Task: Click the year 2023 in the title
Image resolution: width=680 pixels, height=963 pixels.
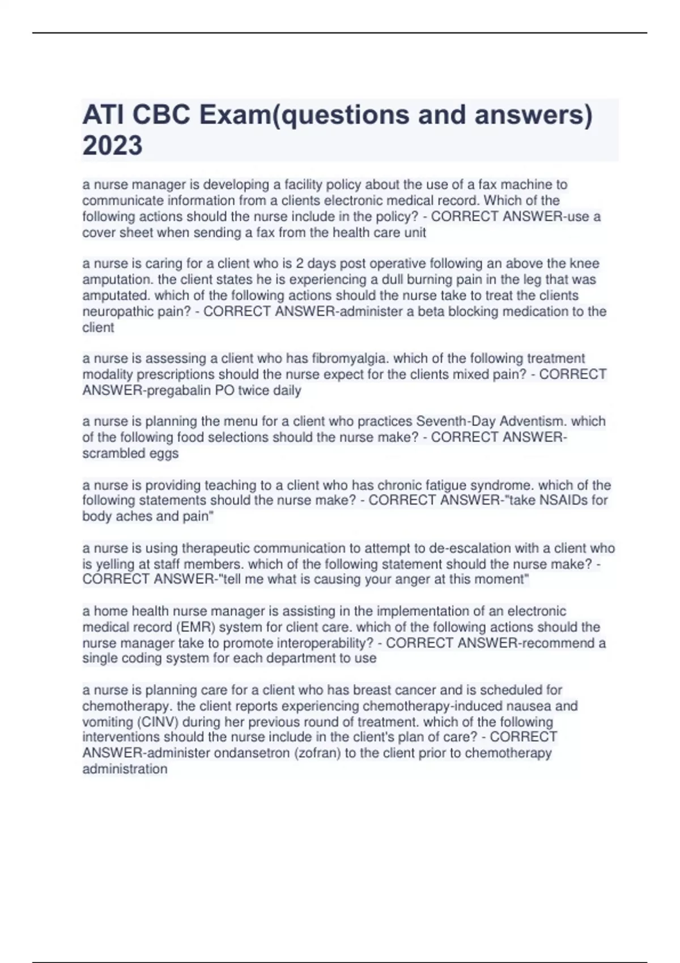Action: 112,146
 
